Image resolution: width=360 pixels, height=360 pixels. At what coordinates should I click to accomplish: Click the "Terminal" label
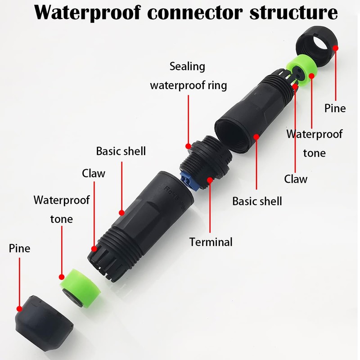[x=211, y=242]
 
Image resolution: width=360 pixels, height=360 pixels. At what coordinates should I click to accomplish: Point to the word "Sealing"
[x=187, y=67]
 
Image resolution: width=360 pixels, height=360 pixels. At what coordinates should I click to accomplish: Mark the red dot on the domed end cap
[x=19, y=309]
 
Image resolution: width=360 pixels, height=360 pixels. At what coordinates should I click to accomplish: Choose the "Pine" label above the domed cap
[x=19, y=248]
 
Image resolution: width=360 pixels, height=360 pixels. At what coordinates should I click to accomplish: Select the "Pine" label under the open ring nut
[x=335, y=108]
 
